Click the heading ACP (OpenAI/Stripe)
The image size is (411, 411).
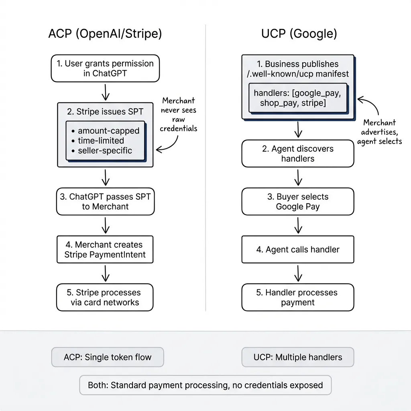coord(105,34)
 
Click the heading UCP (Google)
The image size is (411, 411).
coord(299,34)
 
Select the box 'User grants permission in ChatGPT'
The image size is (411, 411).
coord(105,69)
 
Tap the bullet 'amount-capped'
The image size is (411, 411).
coord(108,131)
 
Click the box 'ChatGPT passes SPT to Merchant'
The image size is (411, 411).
coord(105,202)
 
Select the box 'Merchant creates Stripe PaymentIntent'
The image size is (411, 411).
coord(105,250)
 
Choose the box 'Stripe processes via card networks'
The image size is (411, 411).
coord(105,297)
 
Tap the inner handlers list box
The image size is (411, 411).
coord(298,98)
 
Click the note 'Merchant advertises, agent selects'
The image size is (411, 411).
coord(379,132)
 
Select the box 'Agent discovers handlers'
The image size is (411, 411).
coord(298,154)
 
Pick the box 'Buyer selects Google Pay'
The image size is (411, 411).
coord(298,202)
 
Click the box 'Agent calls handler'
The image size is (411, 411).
coord(298,250)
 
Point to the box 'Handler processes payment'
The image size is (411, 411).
coord(298,297)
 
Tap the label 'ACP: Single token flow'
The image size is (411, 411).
coord(108,357)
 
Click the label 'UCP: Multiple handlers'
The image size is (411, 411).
coord(298,357)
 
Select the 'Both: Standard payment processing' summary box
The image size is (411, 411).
coord(205,385)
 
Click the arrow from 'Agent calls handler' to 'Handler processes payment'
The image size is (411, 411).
coord(298,273)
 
